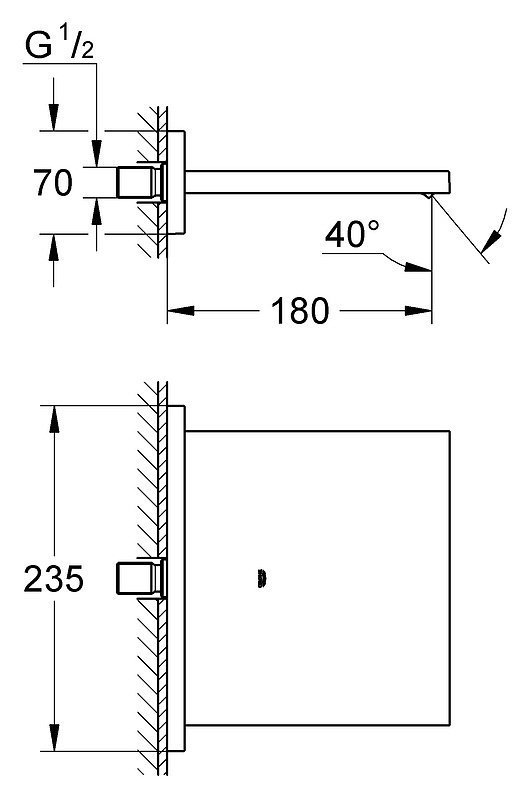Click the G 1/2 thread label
pos(59,46)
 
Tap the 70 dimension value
pos(53,182)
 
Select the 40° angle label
pos(352,234)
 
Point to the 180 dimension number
pos(300,311)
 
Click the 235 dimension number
pos(54,578)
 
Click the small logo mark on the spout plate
pos(262,579)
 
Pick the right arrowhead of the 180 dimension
pos(418,311)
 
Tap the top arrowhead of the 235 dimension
pos(54,419)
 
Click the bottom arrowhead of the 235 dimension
pos(54,737)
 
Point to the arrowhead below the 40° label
pos(418,267)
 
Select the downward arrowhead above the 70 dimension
pos(54,118)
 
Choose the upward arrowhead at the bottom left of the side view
pos(54,248)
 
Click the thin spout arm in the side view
pos(318,182)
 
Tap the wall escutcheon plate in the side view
pos(176,182)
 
